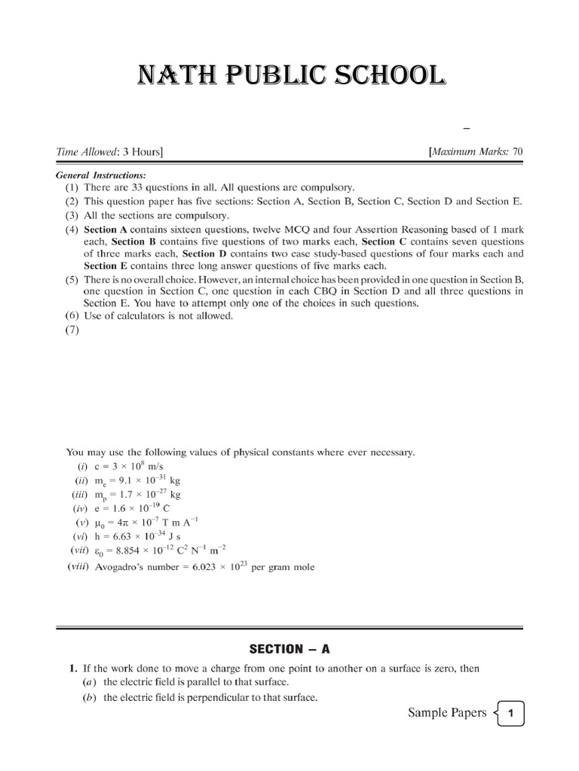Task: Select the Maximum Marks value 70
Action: point(517,152)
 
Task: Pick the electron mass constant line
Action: point(136,480)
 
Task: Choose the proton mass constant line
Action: point(136,495)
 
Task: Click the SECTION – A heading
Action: point(290,648)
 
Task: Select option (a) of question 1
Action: point(196,682)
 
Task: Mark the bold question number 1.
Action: point(72,668)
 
